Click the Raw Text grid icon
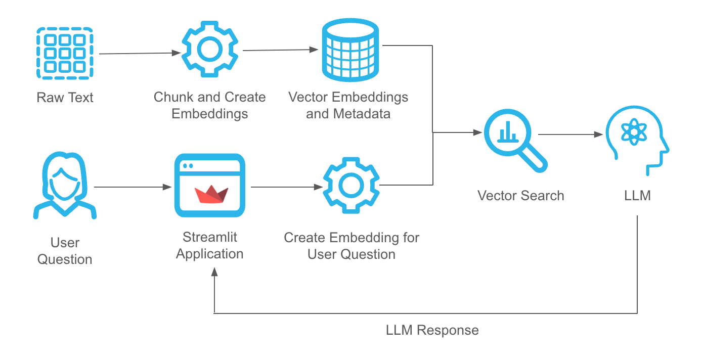coord(65,53)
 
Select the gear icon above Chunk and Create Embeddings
coord(209,49)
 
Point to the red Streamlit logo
coord(211,194)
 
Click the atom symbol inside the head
coord(632,133)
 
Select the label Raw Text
coord(65,97)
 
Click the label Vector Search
coord(520,196)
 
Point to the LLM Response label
coord(432,330)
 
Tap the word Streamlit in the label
coord(210,237)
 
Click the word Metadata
coord(362,113)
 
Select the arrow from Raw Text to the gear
coord(140,53)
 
